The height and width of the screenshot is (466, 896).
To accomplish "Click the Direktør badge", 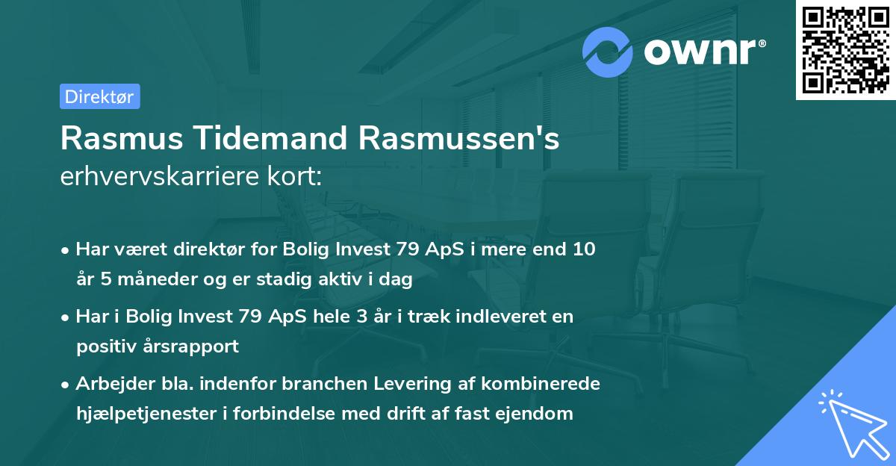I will (99, 96).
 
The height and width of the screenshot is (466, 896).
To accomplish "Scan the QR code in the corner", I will (845, 50).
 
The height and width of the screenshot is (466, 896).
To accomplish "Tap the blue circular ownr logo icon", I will (608, 52).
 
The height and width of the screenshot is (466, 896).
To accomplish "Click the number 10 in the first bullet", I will (579, 249).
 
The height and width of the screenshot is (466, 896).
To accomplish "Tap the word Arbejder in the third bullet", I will (111, 384).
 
